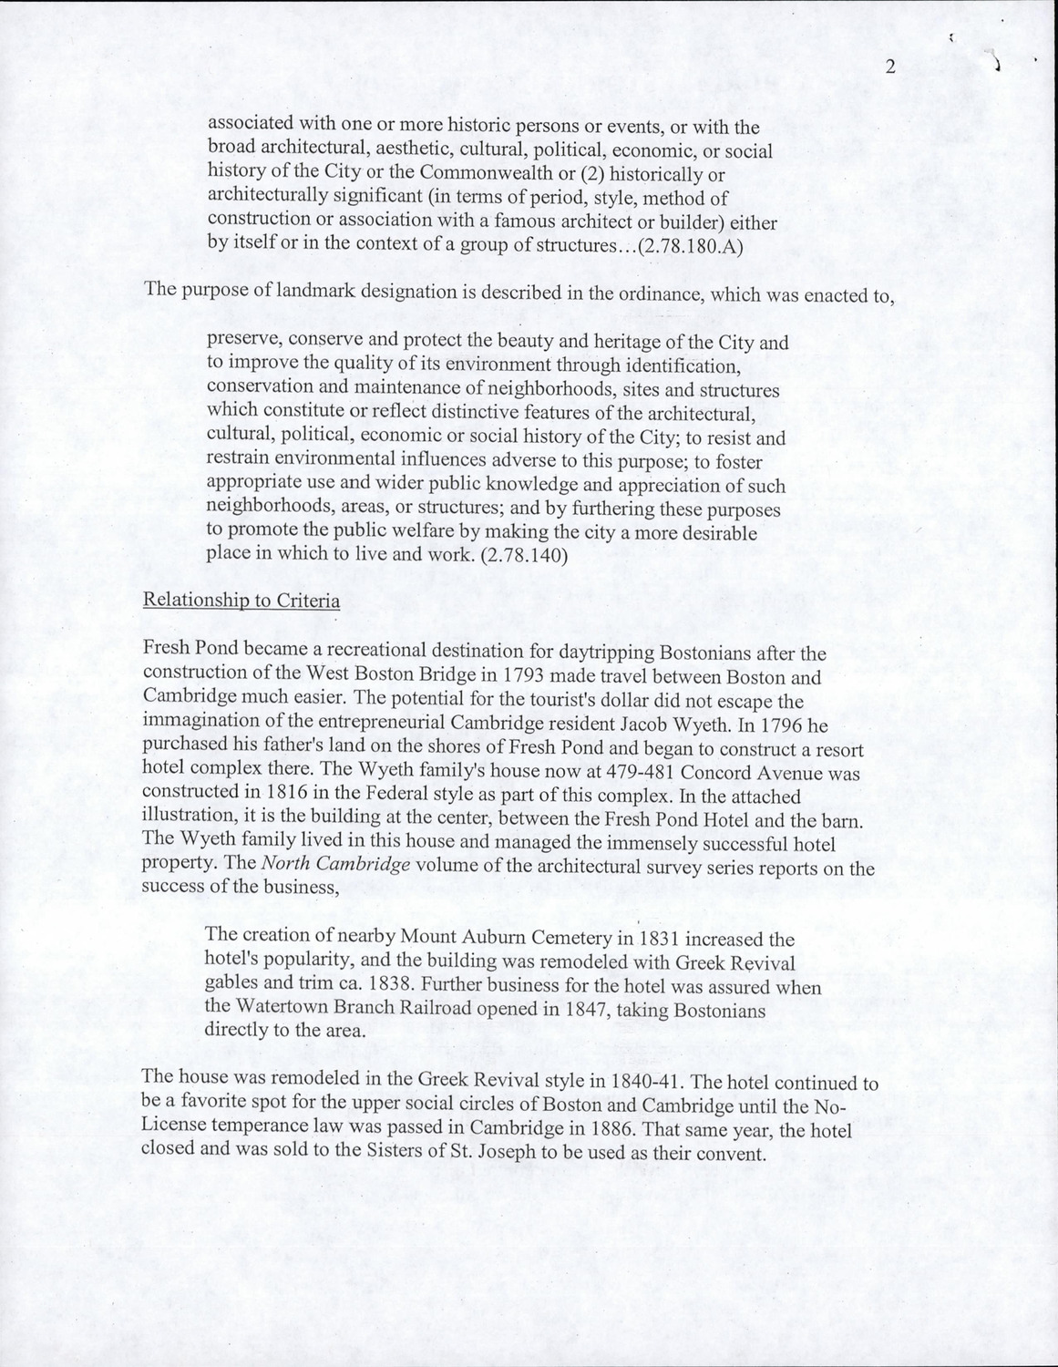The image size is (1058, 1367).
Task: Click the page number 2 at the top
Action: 890,67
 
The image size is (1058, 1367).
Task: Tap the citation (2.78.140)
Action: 522,557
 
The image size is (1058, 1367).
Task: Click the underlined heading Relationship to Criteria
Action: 241,601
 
